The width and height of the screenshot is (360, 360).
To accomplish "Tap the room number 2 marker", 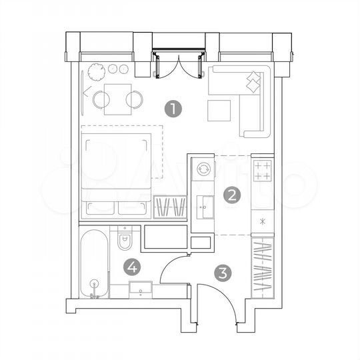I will click(233, 195).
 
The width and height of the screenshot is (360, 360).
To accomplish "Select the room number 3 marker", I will click(223, 272).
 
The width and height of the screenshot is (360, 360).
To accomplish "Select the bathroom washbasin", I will click(140, 289).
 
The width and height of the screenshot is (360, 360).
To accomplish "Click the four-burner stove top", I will click(263, 171).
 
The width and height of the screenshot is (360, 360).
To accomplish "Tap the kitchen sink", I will click(205, 208).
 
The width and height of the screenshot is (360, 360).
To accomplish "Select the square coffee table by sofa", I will click(219, 110).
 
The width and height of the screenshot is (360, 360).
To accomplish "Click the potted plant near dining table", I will click(95, 69).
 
